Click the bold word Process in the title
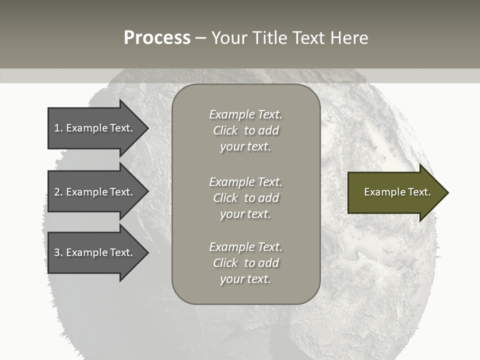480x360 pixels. (x=157, y=38)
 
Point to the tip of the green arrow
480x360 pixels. (x=447, y=192)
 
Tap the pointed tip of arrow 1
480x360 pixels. (x=147, y=128)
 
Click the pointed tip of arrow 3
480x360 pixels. (x=147, y=252)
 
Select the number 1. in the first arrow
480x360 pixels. (x=58, y=128)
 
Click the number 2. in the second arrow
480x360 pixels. (x=58, y=192)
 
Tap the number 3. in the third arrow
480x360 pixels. (x=58, y=252)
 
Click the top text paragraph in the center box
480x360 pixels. (x=245, y=130)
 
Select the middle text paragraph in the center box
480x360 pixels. (x=245, y=198)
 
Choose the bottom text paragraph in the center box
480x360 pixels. (x=245, y=263)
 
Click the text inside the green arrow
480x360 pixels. (x=397, y=192)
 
